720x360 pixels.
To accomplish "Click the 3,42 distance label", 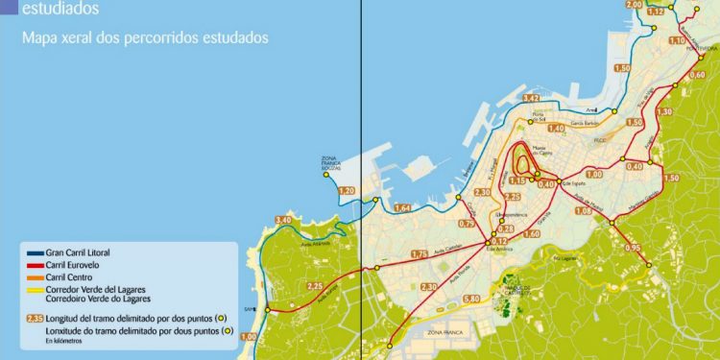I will pyautogui.click(x=531, y=98).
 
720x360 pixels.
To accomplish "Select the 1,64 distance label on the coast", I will pyautogui.click(x=402, y=207).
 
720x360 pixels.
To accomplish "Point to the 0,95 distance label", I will pyautogui.click(x=633, y=249).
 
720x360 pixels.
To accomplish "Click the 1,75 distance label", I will pyautogui.click(x=419, y=253).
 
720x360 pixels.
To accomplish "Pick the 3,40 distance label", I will pyautogui.click(x=283, y=220).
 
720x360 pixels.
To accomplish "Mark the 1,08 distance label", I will pyautogui.click(x=582, y=210).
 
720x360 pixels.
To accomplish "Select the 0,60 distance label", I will pyautogui.click(x=697, y=75).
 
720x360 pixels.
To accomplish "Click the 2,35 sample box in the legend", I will pyautogui.click(x=36, y=318).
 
